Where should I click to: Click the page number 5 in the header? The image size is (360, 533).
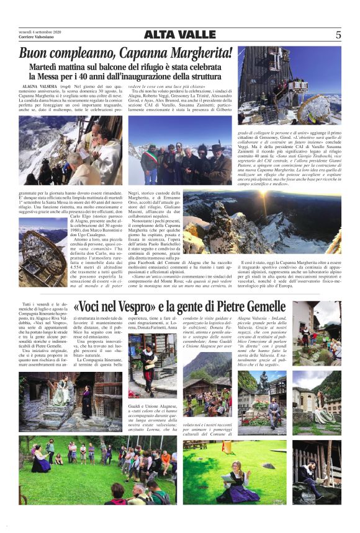point(338,35)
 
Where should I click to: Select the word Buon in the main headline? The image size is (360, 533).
point(39,54)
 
